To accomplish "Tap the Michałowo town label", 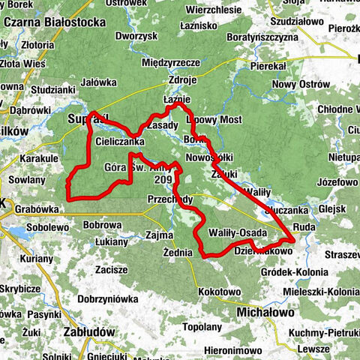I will [265, 310].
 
